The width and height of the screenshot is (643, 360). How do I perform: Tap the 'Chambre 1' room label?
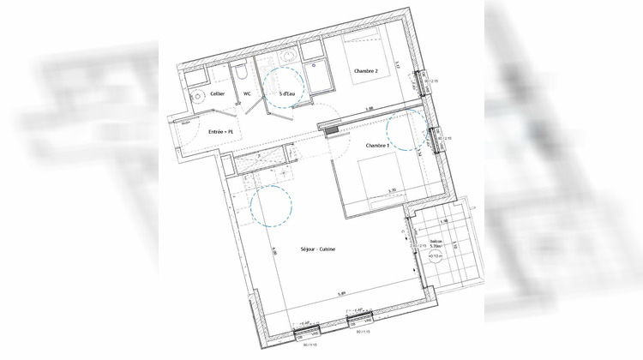coord(378,147)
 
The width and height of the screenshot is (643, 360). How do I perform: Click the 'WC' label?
coord(247,93)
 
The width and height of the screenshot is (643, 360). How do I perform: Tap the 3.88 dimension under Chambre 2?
coord(369,108)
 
